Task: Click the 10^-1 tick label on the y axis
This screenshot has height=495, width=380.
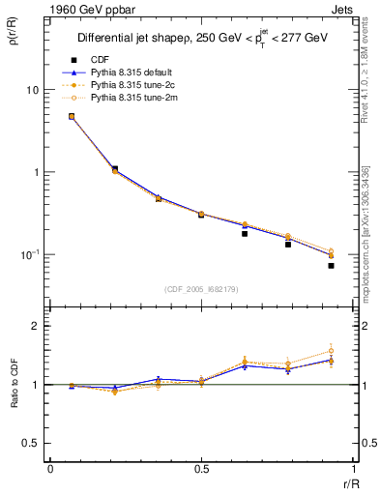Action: tap(30, 254)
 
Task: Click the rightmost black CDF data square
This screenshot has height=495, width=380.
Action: tap(331, 266)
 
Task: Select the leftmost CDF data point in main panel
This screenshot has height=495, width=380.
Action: tap(72, 117)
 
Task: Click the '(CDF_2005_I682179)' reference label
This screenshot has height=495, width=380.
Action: tap(199, 288)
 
